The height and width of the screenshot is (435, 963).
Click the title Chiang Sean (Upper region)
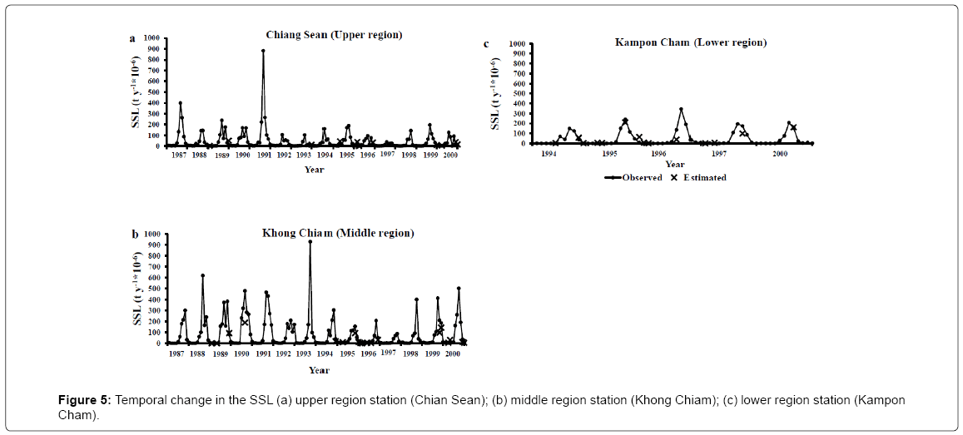pos(334,35)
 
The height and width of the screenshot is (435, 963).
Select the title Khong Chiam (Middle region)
pos(338,233)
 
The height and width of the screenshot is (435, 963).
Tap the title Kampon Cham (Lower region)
pos(691,42)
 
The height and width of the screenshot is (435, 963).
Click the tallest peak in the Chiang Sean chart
pos(263,51)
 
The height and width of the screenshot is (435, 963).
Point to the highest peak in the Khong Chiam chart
pos(310,242)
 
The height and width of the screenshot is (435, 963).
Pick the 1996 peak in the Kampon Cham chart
pos(681,109)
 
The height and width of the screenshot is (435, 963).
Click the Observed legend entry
pos(633,177)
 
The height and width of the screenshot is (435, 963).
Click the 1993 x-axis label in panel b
pos(304,353)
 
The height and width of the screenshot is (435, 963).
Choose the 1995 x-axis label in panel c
pos(610,153)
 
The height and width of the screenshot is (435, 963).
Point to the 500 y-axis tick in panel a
pos(154,92)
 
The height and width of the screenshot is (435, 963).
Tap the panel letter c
pos(486,43)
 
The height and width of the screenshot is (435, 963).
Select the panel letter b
pos(135,233)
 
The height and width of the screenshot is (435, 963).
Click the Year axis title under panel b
pos(319,370)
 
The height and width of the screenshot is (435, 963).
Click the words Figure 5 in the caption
pos(85,401)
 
